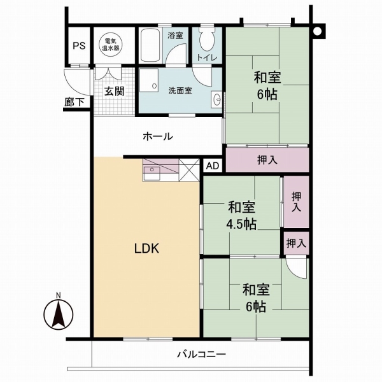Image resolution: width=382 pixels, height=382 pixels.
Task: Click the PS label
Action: tap(78, 45)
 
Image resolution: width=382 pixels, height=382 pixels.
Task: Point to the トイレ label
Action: tap(207, 59)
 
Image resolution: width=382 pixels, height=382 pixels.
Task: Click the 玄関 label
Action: tap(115, 91)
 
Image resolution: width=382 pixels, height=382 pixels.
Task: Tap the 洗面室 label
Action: tap(180, 91)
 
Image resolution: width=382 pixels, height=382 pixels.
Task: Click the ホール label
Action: tap(157, 136)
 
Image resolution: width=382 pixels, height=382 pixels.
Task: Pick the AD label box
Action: tap(213, 166)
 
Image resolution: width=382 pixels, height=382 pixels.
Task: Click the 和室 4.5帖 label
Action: tap(242, 215)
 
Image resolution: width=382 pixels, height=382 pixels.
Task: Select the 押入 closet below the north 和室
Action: tap(267, 159)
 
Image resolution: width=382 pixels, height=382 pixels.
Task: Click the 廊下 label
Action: tap(74, 101)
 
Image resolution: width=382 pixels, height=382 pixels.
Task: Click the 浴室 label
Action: tap(175, 36)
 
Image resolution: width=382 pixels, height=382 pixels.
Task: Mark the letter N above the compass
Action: tap(58, 295)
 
